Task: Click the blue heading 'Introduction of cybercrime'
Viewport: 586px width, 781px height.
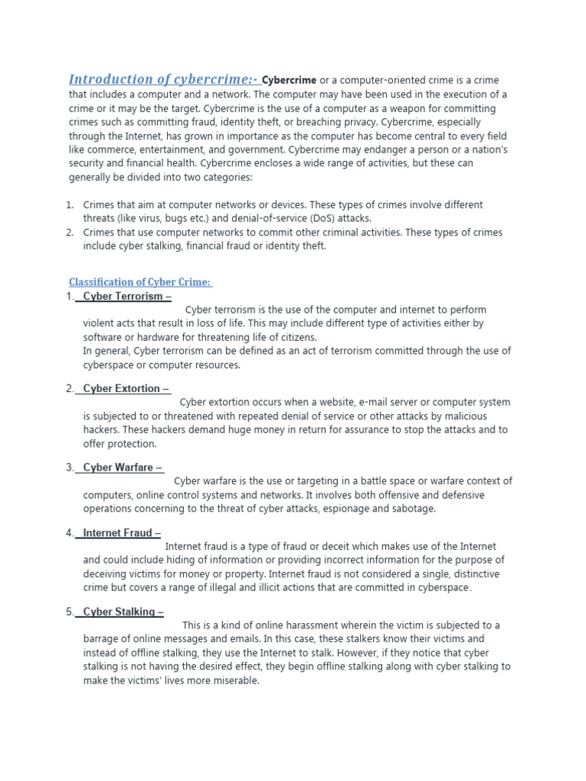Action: (x=163, y=79)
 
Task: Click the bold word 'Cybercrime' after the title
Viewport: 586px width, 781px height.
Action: (x=289, y=80)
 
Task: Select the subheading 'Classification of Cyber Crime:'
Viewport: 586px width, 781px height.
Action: (x=140, y=282)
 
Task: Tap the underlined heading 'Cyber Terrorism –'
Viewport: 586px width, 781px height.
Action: (x=127, y=296)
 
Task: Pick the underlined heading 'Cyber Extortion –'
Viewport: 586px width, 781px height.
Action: (x=126, y=388)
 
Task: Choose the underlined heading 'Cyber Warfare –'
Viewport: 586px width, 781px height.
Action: (x=122, y=468)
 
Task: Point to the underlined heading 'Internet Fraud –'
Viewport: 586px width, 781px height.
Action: (x=121, y=533)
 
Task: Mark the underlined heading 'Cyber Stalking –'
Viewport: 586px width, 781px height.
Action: (x=123, y=612)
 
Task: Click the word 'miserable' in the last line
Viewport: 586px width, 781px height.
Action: (x=236, y=680)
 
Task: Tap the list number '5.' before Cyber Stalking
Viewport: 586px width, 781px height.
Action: (x=69, y=612)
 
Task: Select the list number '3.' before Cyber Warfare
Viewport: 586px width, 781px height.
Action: (x=69, y=468)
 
